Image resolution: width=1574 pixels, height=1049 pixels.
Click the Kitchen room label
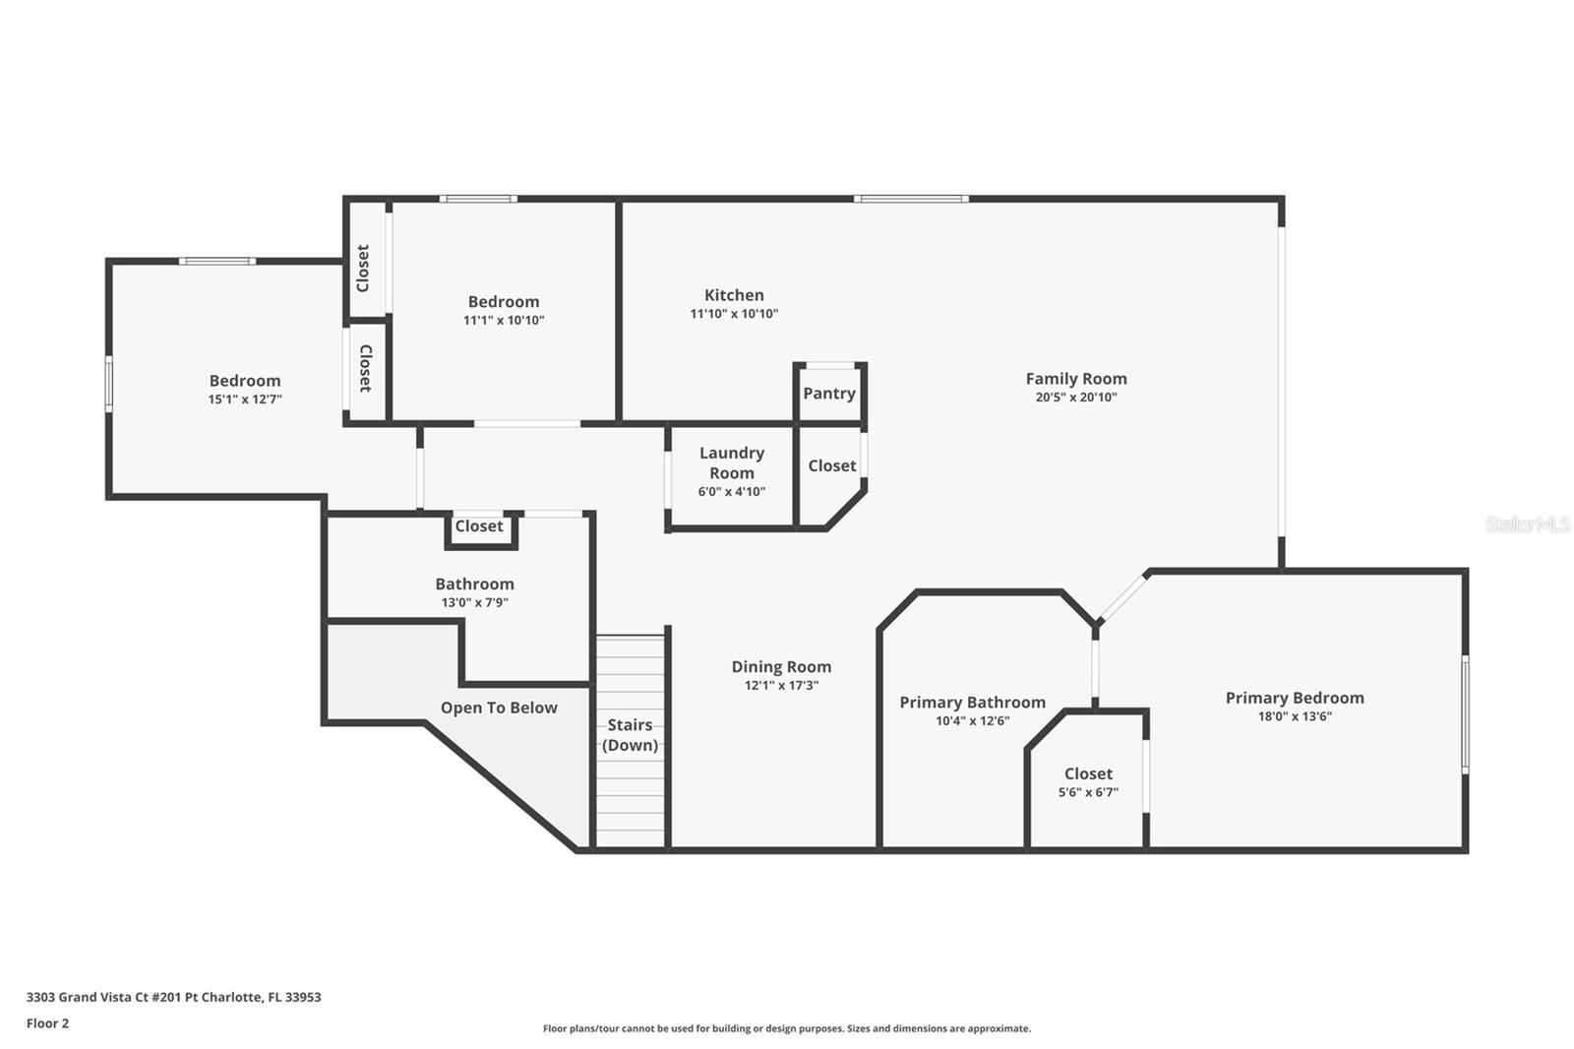734,295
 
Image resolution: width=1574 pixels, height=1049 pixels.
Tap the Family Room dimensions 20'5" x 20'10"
1075,398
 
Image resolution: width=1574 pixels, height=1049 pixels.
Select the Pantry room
829,393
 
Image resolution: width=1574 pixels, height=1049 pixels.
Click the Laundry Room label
731,463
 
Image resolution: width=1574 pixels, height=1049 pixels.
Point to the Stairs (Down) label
630,735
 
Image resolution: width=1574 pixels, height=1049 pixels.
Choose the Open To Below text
499,708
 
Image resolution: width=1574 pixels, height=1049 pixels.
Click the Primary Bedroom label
1294,698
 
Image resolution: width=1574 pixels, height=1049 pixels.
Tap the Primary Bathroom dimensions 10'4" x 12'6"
972,721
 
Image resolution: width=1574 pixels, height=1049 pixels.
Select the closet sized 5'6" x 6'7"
1088,782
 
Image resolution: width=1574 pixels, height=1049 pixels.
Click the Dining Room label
781,667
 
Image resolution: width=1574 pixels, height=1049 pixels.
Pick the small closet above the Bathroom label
479,526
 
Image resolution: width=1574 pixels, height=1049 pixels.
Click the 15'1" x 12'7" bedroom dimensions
245,400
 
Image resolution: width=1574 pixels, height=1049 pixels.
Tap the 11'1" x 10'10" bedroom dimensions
504,321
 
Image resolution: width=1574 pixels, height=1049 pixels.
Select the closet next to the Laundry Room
831,465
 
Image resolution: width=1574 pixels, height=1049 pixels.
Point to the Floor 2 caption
47,1023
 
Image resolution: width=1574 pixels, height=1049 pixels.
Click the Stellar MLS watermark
1527,524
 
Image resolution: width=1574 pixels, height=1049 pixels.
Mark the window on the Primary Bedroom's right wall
1465,714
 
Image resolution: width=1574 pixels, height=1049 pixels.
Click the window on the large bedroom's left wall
109,384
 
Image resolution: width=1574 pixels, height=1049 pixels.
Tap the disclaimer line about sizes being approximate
786,1028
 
